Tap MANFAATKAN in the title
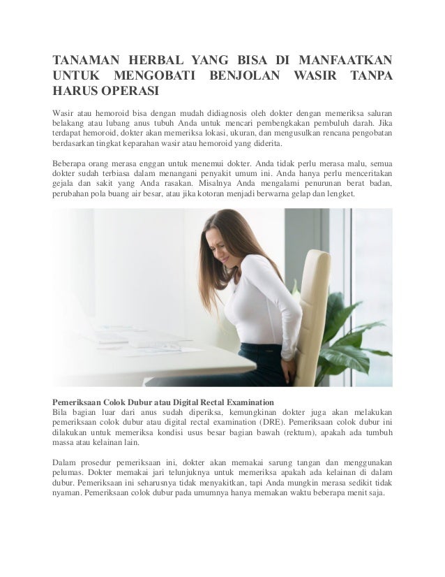click(346, 58)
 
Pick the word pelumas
click(70, 473)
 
